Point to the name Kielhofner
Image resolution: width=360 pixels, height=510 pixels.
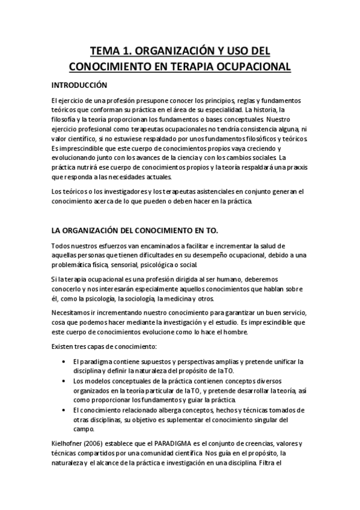(x=69, y=444)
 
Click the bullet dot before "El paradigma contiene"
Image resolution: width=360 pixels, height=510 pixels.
(x=64, y=361)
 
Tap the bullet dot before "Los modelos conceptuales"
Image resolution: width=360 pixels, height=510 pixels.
(x=64, y=381)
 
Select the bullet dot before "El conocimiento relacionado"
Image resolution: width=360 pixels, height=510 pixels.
(x=64, y=410)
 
